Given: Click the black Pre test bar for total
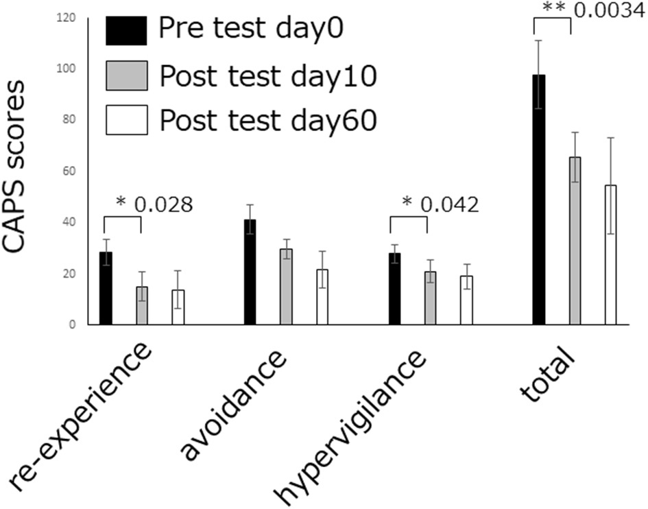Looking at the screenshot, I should (539, 206).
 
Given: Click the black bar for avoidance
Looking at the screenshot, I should (250, 274).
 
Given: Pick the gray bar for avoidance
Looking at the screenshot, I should (286, 288).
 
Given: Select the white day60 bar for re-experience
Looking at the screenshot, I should (178, 308).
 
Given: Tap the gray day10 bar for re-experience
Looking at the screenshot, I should (141, 307).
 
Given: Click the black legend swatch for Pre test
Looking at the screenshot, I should (126, 30).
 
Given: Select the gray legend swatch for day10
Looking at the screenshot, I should (126, 76).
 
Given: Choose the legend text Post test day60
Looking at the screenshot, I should (267, 121).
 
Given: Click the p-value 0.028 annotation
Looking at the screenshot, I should (163, 204).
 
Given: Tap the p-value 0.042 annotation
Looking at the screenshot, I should (449, 204).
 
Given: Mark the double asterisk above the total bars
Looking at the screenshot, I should (553, 8).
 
